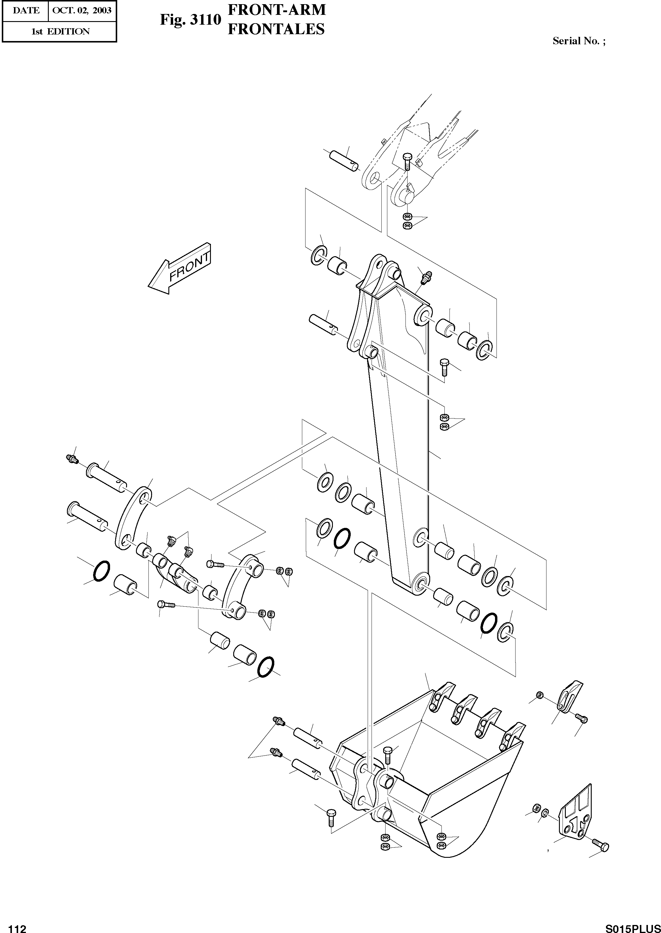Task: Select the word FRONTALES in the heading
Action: coord(276,29)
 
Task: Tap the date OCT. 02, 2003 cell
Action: coord(82,11)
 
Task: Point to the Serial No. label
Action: coord(578,41)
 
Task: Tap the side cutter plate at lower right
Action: coord(576,813)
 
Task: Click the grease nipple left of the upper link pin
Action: coord(72,459)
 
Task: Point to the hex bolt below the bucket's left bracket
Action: coord(330,817)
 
